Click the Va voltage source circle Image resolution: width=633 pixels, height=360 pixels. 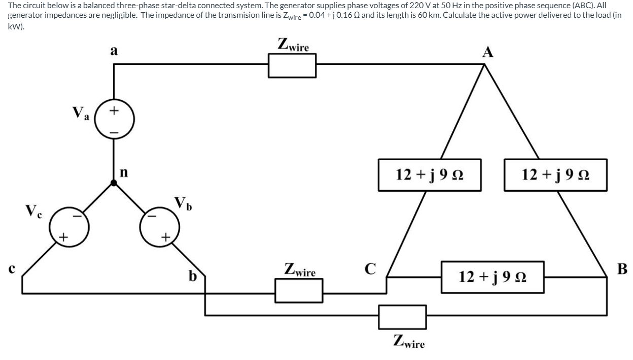pyautogui.click(x=115, y=120)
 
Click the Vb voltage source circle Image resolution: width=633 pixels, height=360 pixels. pyautogui.click(x=159, y=224)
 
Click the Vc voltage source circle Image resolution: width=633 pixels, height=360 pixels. pyautogui.click(x=69, y=224)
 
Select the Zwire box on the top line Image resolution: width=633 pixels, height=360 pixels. pyautogui.click(x=292, y=65)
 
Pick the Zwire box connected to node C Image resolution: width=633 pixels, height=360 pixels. pyautogui.click(x=299, y=290)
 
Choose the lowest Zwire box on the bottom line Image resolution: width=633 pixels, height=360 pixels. pyautogui.click(x=402, y=317)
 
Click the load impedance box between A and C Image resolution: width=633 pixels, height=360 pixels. pyautogui.click(x=430, y=175)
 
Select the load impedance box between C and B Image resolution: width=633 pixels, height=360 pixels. pyautogui.click(x=493, y=277)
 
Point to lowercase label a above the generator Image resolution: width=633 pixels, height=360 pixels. pyautogui.click(x=114, y=51)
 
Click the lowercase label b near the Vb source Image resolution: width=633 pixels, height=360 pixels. pyautogui.click(x=193, y=276)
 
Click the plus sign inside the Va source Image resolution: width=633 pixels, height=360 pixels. pyautogui.click(x=115, y=109)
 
